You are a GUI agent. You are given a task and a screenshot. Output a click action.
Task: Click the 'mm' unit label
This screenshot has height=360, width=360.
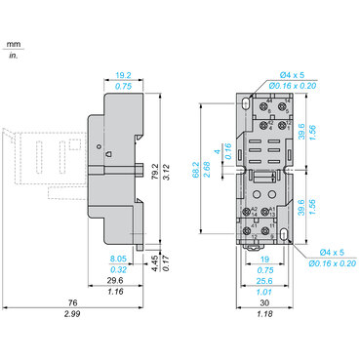coord(13,44)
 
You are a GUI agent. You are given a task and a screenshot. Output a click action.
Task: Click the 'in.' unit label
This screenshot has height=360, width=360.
coord(13,56)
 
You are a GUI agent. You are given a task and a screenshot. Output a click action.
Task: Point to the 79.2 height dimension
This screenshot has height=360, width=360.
coord(155,172)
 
